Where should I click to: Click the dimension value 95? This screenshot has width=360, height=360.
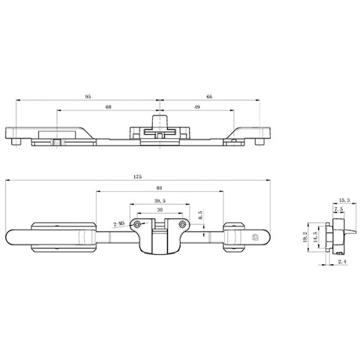(88, 97)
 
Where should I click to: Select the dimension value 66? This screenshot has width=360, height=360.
(208, 97)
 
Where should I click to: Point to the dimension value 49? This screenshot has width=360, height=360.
(196, 108)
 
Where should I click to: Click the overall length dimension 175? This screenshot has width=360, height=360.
(137, 177)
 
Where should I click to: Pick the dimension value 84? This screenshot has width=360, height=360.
(159, 188)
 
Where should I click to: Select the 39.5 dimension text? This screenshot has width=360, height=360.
(158, 200)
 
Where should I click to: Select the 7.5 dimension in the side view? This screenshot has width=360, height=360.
(338, 210)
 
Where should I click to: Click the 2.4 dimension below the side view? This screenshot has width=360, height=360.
(341, 262)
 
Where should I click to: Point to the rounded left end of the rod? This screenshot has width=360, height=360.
(11, 237)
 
